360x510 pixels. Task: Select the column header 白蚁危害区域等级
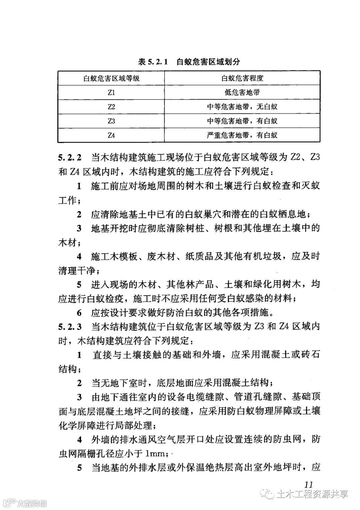[111, 78]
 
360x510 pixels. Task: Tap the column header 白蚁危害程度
[242, 78]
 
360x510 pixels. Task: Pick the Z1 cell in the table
[111, 92]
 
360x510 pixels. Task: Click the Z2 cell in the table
[111, 107]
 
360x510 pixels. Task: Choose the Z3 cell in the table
[111, 121]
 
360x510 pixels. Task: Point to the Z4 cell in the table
[111, 135]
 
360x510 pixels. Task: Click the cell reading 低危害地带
[242, 92]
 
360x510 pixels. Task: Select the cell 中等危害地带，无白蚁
[242, 107]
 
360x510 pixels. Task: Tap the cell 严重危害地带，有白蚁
[242, 135]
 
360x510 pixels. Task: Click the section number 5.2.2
[70, 157]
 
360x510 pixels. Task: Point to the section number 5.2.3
[70, 327]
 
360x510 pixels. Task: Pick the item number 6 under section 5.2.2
[79, 313]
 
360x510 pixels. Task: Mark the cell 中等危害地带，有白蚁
[242, 121]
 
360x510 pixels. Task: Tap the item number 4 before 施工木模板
[79, 257]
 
